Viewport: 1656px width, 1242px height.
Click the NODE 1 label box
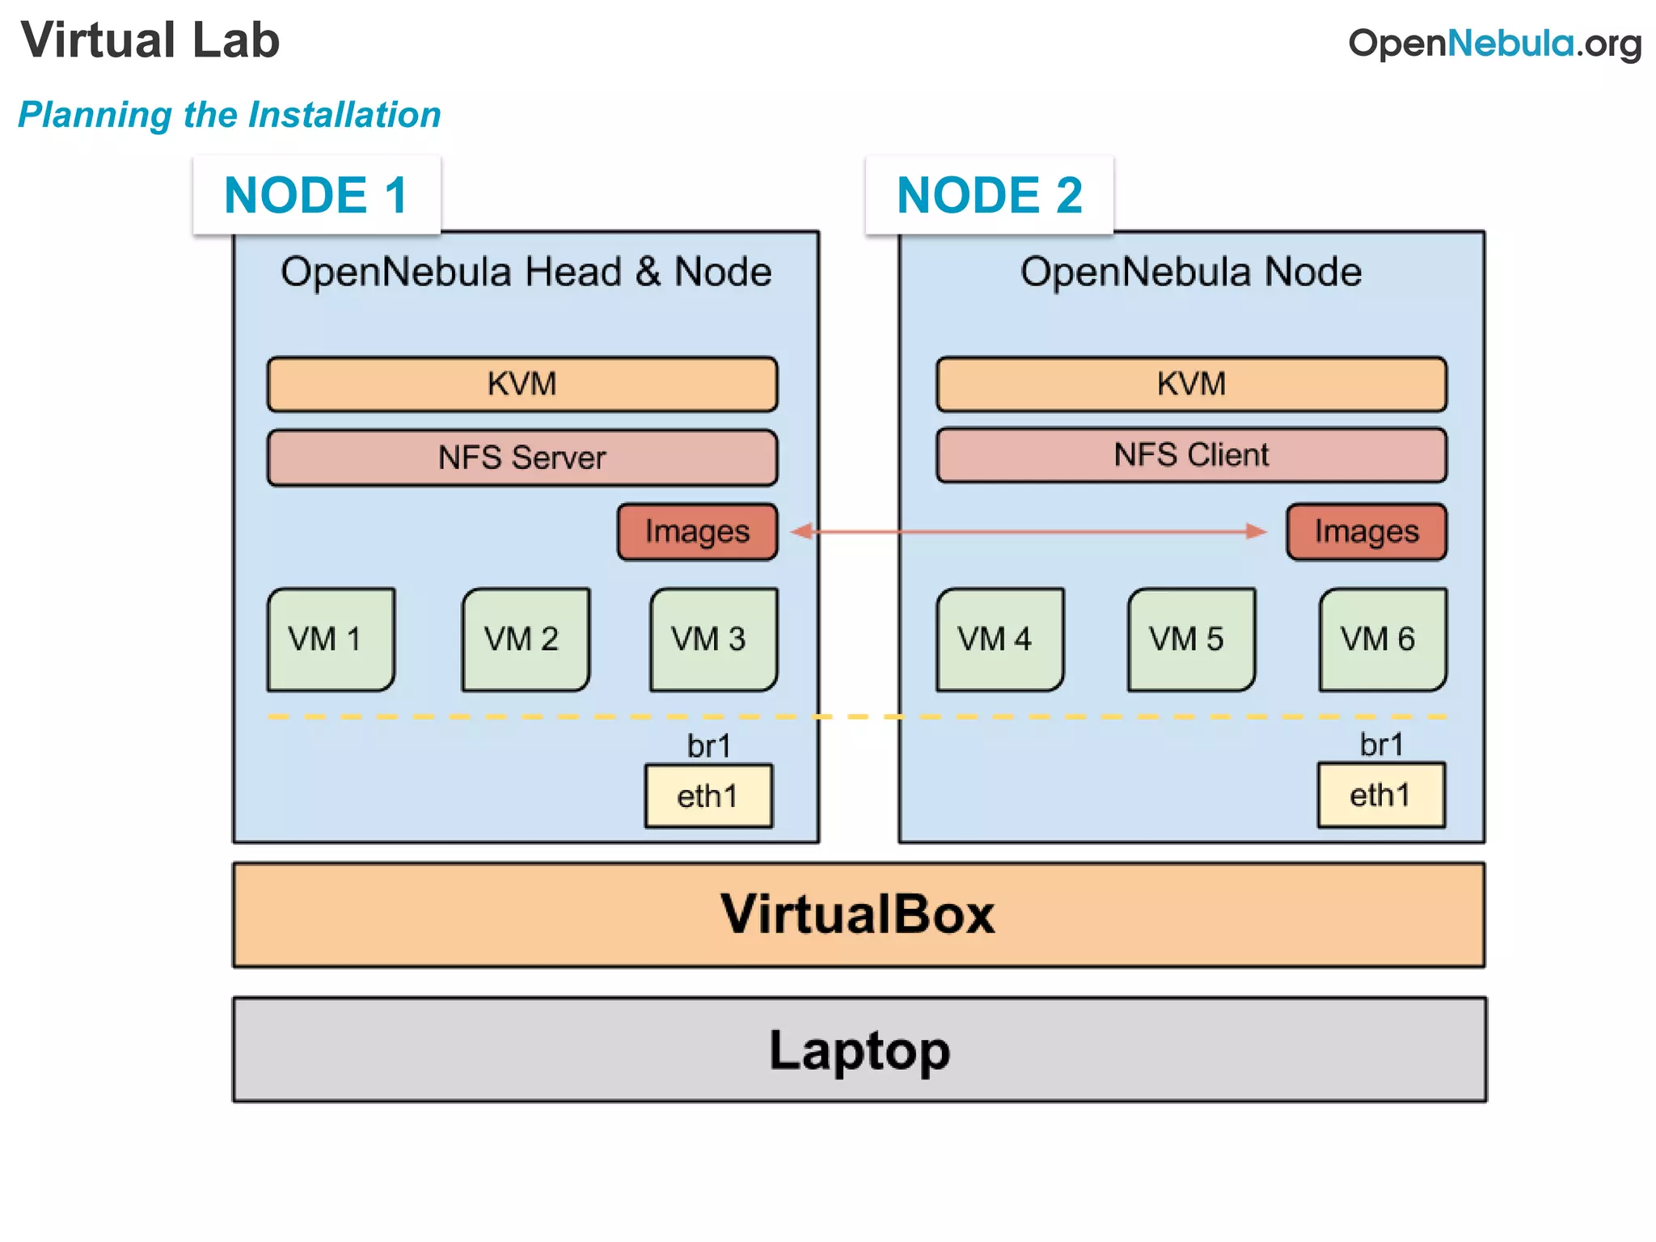[x=316, y=195]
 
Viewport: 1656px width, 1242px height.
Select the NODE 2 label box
[x=989, y=195]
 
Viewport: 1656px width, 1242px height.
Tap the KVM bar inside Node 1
[x=522, y=384]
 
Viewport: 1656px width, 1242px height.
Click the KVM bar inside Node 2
[x=1191, y=384]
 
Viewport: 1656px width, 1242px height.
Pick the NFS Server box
[x=522, y=458]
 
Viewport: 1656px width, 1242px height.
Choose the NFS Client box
[x=1191, y=455]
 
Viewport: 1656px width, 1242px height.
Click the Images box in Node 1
[x=697, y=531]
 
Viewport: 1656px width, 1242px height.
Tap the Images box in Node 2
[x=1367, y=531]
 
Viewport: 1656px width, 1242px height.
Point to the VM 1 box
[x=331, y=640]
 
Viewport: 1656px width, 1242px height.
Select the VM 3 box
[x=713, y=640]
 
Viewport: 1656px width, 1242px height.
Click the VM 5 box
[x=1191, y=640]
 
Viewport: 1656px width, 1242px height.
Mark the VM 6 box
[x=1382, y=640]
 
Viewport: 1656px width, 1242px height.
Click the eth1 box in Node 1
[x=708, y=796]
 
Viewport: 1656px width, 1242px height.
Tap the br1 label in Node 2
[x=1381, y=745]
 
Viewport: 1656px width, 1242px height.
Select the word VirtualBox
[x=858, y=915]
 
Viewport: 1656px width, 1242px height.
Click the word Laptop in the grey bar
[x=860, y=1050]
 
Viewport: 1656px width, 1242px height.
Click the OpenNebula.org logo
[x=1494, y=43]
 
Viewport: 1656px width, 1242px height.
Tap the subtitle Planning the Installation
[x=230, y=115]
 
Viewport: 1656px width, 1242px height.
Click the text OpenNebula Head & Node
[x=526, y=272]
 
